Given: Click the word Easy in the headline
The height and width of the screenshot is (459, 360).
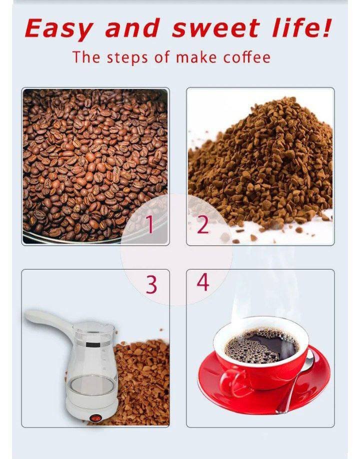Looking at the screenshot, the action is click(58, 28).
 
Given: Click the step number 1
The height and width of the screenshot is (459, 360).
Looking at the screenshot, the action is click(149, 224).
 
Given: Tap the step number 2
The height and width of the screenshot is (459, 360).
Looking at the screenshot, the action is click(203, 224).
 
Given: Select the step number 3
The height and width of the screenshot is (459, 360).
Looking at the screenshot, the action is click(151, 284).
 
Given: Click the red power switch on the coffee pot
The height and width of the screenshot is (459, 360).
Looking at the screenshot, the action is click(95, 418).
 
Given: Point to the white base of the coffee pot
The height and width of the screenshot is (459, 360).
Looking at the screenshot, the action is click(91, 405).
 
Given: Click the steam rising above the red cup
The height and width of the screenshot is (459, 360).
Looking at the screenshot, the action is click(263, 292).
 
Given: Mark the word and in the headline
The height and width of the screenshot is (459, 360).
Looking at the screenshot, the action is click(132, 28).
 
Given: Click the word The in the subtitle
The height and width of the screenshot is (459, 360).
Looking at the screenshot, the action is click(86, 57).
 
